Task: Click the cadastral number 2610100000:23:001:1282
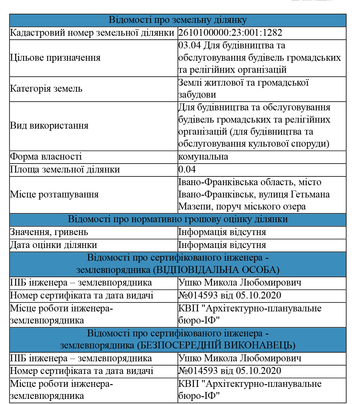point(230,33)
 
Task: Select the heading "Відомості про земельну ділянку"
point(178,20)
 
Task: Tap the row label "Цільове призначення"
point(55,58)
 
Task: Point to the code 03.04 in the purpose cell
point(189,45)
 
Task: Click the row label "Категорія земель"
point(46,89)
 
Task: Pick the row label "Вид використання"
point(49,126)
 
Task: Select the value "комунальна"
point(203,157)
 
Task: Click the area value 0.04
point(187,170)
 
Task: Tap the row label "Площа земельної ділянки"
point(65,170)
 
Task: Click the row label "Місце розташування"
point(54,194)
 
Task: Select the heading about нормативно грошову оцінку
point(178,219)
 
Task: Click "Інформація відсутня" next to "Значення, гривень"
point(222,232)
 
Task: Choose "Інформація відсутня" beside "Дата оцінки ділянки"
point(222,245)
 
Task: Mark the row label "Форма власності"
point(46,157)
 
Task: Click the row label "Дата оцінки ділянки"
point(53,245)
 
